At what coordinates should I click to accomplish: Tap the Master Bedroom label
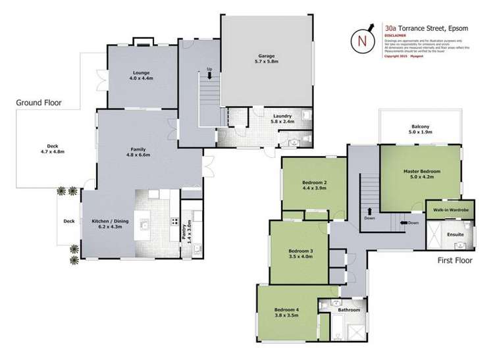(x=421, y=174)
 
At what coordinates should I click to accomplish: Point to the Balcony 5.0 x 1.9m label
(x=421, y=129)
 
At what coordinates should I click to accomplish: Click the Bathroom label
(x=349, y=310)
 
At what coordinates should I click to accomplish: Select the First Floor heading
(x=455, y=261)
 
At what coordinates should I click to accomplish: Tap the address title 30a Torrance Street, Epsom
(x=428, y=28)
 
